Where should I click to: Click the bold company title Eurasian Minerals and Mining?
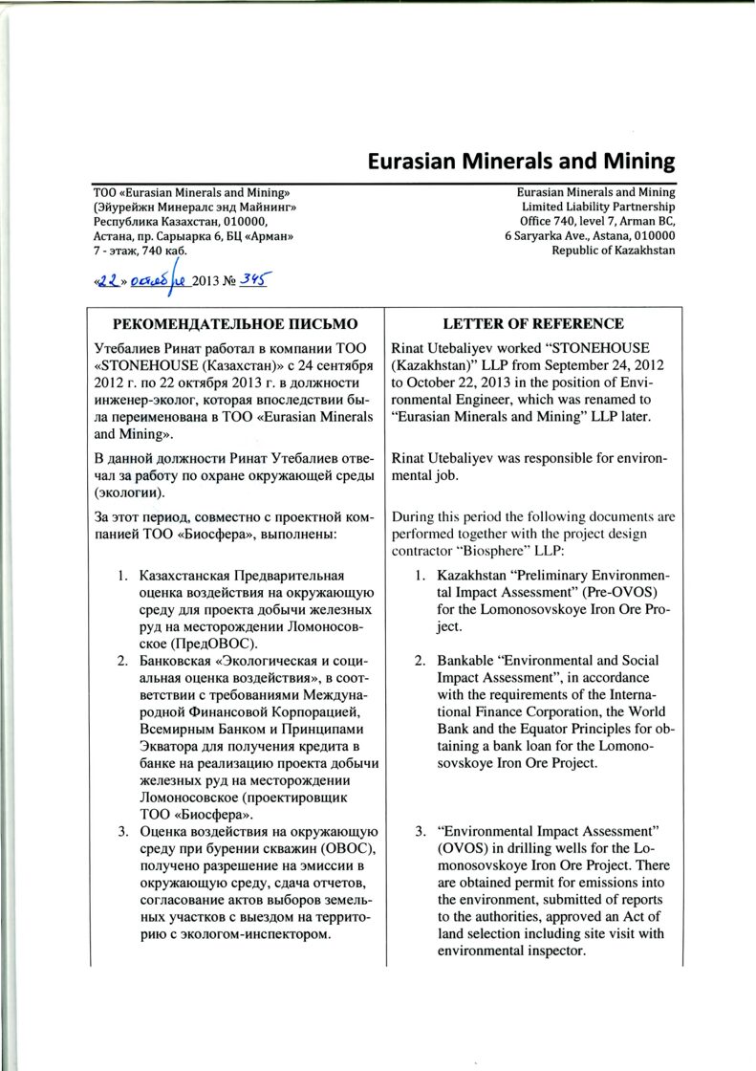click(x=521, y=162)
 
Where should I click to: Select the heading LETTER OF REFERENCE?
click(x=532, y=324)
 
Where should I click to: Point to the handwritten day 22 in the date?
click(x=106, y=280)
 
